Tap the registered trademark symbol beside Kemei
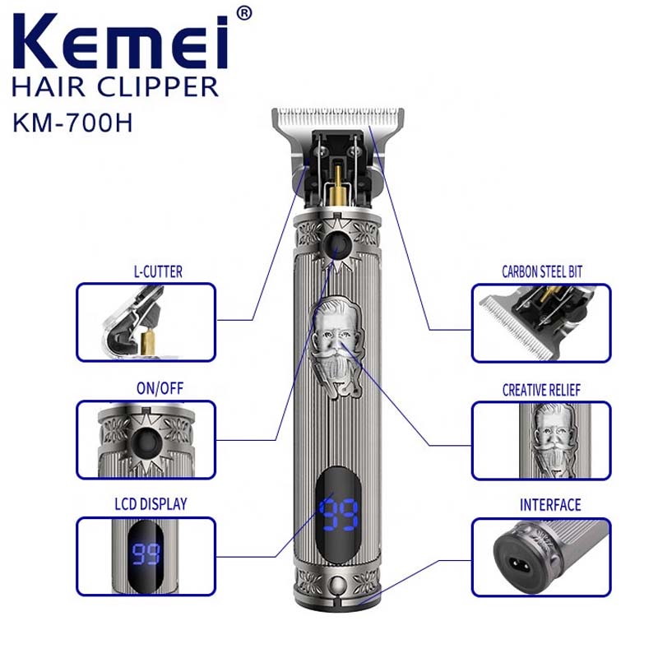tap(243, 14)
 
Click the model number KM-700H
tap(73, 123)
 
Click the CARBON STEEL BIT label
tap(541, 271)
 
